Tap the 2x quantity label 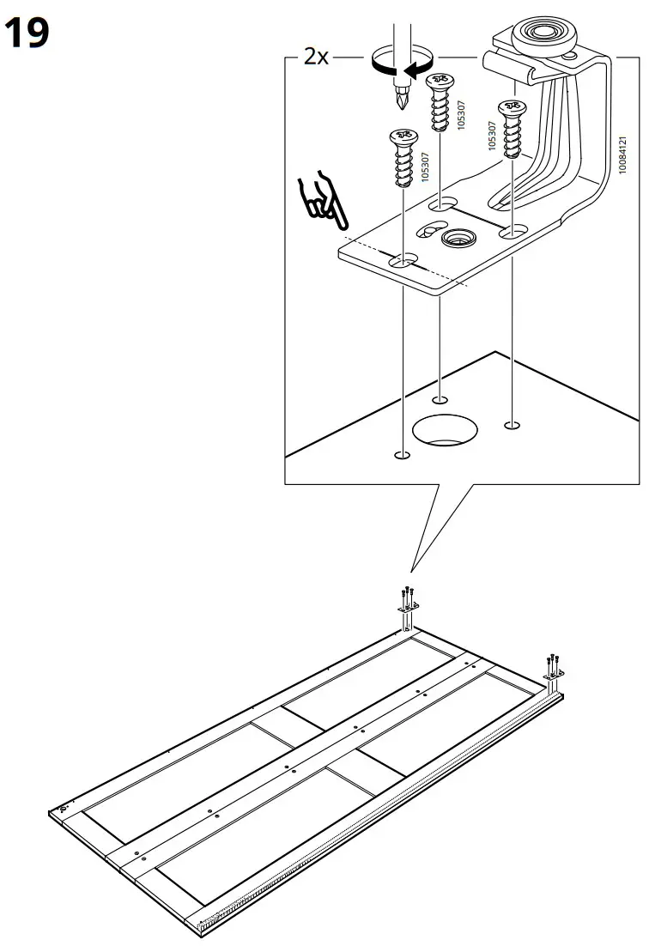(316, 57)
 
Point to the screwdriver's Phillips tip (400, 103)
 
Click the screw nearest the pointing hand (403, 159)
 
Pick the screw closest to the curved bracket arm (512, 129)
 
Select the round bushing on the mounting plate (458, 238)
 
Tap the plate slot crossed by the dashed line (403, 258)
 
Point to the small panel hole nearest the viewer (398, 454)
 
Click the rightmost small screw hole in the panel (513, 424)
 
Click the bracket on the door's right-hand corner (552, 675)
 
